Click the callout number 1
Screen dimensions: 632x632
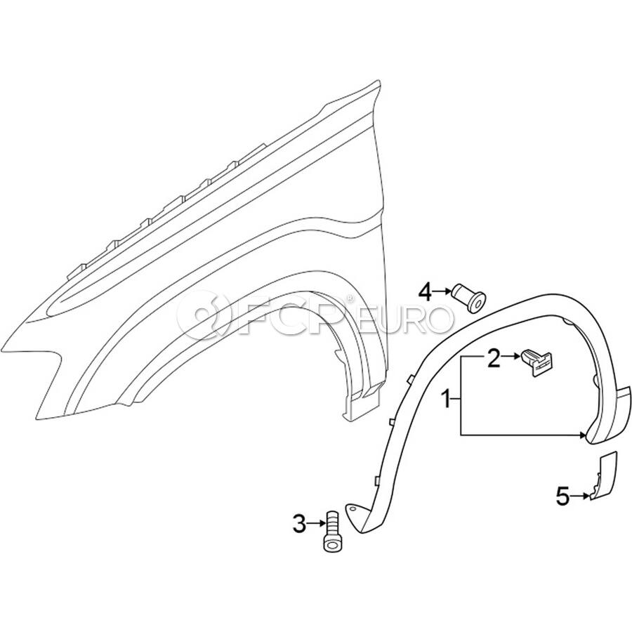pos(446,399)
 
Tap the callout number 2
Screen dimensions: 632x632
pos(494,358)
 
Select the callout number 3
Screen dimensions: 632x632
pos(299,524)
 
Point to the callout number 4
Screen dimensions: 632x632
pos(426,292)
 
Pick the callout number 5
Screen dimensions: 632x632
pos(563,496)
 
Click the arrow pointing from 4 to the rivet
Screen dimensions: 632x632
pos(442,291)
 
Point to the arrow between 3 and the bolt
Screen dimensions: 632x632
pos(316,523)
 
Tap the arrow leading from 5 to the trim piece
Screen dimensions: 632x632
pos(580,496)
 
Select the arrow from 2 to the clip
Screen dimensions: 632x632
pos(511,356)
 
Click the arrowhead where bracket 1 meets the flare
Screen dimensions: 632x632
pos(582,435)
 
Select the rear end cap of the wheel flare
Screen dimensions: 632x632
pos(609,415)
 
